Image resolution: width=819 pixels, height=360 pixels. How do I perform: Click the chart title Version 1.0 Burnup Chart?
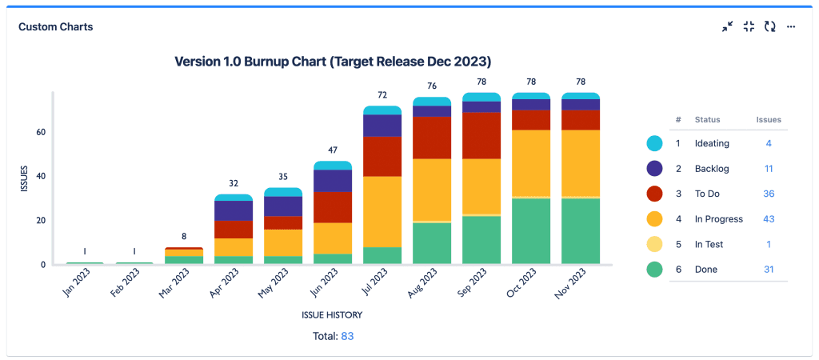pos(333,62)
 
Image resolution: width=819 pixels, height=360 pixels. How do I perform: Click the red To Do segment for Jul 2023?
pos(382,156)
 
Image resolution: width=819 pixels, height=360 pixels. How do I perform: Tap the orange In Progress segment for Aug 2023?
pos(432,190)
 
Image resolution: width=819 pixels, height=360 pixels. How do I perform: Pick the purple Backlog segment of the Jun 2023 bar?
pos(333,180)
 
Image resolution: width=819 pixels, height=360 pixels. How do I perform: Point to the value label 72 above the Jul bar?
pos(382,95)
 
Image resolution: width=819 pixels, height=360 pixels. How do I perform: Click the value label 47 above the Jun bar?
pos(333,150)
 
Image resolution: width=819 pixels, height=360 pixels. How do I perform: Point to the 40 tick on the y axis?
pos(38,176)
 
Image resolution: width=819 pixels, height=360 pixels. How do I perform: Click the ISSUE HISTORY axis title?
pos(333,314)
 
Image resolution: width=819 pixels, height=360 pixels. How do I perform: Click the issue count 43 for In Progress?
pos(768,219)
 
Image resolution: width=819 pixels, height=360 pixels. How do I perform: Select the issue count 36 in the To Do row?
pos(768,194)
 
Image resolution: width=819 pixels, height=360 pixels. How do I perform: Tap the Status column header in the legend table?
pos(707,120)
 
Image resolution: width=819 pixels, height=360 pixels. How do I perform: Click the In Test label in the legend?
pos(709,245)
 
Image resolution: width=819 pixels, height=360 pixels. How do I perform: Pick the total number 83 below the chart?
pos(347,337)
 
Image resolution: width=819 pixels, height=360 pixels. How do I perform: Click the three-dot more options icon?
pos(791,26)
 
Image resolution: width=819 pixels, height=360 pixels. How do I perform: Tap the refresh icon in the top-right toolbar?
pos(769,26)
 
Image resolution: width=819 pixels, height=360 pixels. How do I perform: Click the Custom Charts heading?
pos(56,27)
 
